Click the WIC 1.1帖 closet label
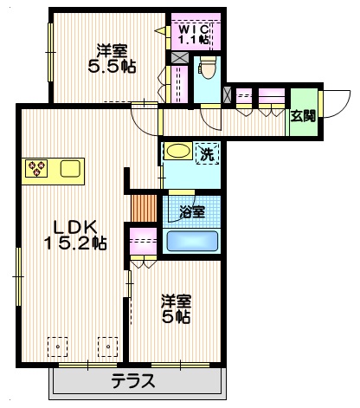tap(193, 34)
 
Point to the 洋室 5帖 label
tap(177, 309)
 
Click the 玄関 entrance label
tap(301, 116)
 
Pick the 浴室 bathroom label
tap(191, 210)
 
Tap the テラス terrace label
tap(133, 380)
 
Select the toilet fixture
tap(207, 68)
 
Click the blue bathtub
tap(191, 241)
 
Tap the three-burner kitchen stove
tap(38, 166)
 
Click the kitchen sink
tap(69, 167)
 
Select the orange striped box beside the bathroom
tap(142, 208)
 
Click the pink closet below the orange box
tap(142, 242)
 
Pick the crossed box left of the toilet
tap(179, 57)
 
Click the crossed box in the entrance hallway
tap(227, 94)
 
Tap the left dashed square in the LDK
tap(58, 346)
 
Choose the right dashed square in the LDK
tap(108, 346)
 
